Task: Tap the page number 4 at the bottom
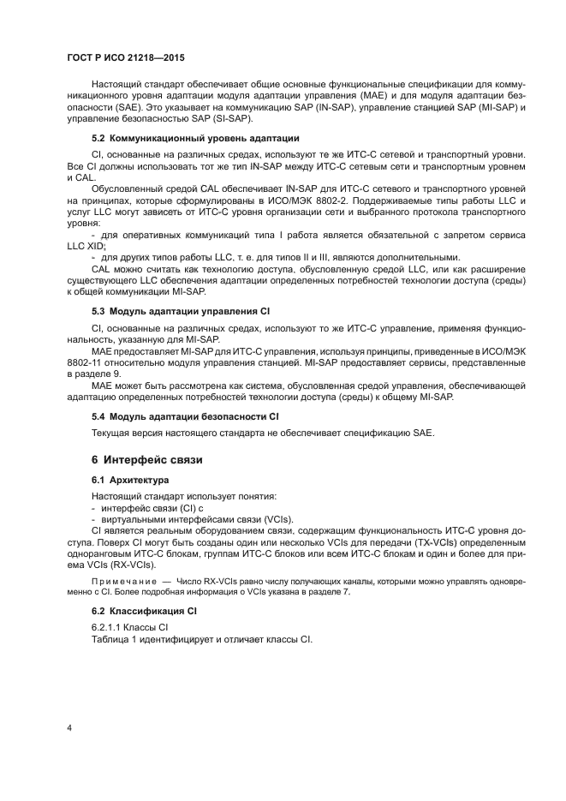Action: [69, 729]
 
